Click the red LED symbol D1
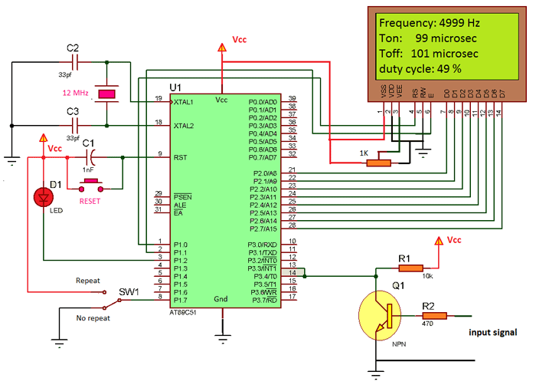coord(41,198)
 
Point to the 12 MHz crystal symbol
coord(107,94)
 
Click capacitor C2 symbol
coord(74,58)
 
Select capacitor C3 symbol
coord(74,123)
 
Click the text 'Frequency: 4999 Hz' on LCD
coord(428,22)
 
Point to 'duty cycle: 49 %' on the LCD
coord(420,69)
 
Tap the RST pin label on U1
coord(181,156)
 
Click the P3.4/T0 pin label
coord(263,275)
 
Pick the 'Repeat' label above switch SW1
coord(87,281)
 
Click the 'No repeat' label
coord(92,316)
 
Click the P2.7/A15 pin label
coord(264,229)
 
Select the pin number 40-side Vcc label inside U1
coord(222,100)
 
